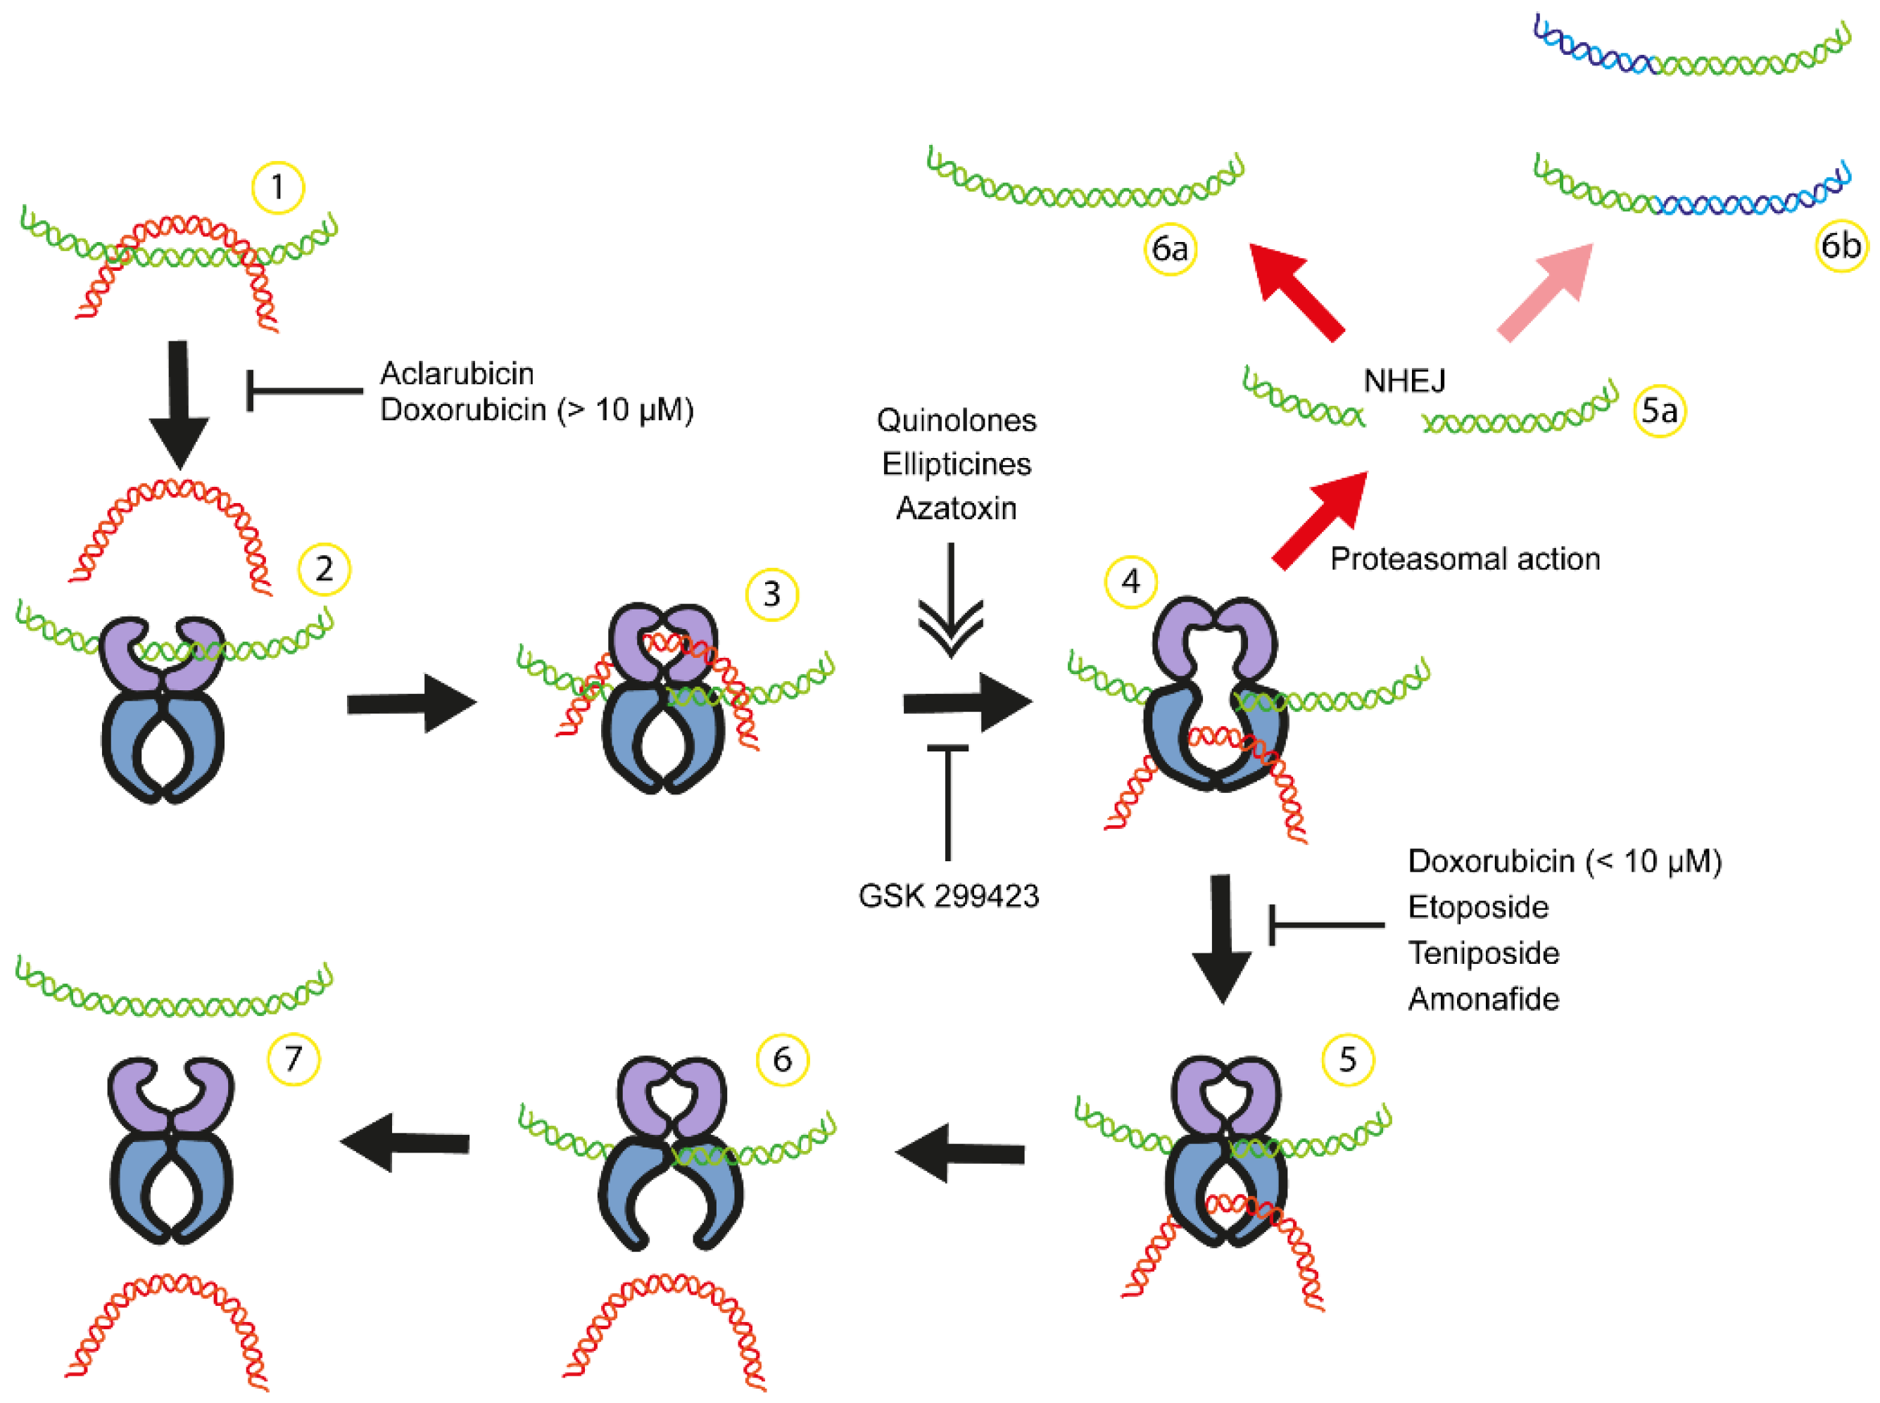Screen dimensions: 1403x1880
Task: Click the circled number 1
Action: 278,187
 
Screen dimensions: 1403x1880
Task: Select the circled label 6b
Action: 1840,246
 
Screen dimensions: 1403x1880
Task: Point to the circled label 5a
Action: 1658,411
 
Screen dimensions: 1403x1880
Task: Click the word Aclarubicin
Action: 457,374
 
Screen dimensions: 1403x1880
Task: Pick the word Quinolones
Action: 956,420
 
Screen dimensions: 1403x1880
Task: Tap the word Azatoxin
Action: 956,509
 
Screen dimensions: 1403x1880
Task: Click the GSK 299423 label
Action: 948,896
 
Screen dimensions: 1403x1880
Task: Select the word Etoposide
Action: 1477,907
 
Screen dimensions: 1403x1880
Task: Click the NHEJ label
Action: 1403,381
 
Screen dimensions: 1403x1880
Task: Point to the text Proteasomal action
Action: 1465,559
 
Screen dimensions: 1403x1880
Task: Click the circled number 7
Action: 293,1059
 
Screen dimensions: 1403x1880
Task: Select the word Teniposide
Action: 1482,953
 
